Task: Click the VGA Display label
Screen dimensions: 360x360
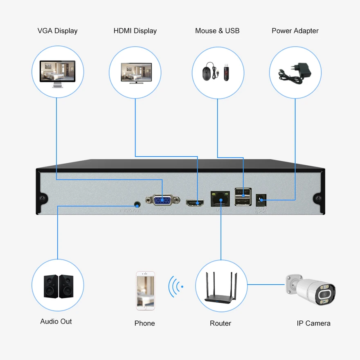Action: click(x=57, y=31)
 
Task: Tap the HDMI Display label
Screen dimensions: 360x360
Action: click(x=135, y=31)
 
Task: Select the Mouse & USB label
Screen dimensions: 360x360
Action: click(x=217, y=31)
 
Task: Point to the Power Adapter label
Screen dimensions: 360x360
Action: click(x=295, y=31)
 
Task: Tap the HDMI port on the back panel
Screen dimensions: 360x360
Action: click(x=195, y=202)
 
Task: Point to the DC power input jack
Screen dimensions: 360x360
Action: click(x=259, y=200)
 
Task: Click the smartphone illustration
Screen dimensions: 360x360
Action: click(x=145, y=290)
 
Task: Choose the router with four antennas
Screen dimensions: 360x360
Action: click(x=221, y=288)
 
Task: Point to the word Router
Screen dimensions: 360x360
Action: click(x=220, y=323)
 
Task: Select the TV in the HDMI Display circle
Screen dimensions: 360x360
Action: click(x=135, y=73)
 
